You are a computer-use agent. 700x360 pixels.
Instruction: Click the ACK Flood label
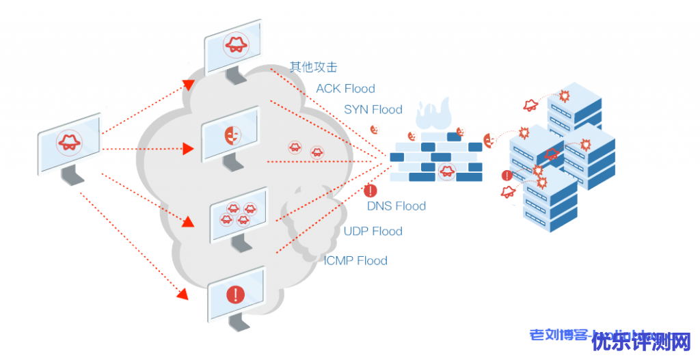(x=345, y=89)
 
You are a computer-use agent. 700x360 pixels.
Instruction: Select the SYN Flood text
(x=373, y=109)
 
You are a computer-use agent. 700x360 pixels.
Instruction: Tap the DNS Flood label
(x=396, y=206)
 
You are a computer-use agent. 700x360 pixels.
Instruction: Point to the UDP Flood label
(x=373, y=231)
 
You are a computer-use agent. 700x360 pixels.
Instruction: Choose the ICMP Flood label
(x=355, y=260)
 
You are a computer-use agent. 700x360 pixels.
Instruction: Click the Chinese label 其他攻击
(x=313, y=67)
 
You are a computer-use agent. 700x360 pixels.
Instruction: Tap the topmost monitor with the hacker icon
(x=234, y=46)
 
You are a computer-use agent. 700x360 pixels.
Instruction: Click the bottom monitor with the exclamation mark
(x=235, y=295)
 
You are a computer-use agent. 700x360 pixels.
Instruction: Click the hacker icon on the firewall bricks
(x=446, y=170)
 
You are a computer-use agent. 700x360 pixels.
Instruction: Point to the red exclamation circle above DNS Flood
(x=371, y=191)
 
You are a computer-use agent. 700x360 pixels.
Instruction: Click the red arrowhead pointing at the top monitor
(x=189, y=84)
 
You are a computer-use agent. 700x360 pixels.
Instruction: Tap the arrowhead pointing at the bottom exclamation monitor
(x=183, y=294)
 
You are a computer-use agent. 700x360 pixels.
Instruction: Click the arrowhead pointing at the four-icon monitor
(x=187, y=221)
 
